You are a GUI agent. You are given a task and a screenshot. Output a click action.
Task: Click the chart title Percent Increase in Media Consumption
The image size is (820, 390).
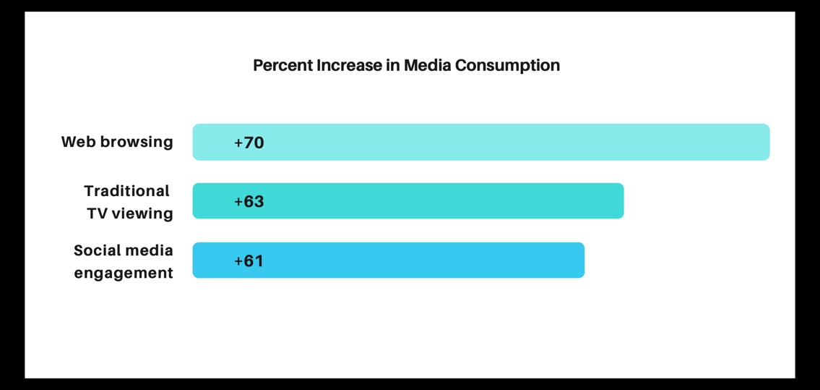pyautogui.click(x=406, y=66)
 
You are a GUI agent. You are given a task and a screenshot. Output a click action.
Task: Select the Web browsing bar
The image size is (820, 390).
pyautogui.click(x=480, y=142)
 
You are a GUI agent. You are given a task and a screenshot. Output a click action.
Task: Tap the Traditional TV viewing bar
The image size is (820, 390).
pyautogui.click(x=407, y=201)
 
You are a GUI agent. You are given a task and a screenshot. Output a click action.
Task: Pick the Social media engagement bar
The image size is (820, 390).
pyautogui.click(x=388, y=260)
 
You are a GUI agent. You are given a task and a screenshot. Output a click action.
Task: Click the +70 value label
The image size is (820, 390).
pyautogui.click(x=249, y=143)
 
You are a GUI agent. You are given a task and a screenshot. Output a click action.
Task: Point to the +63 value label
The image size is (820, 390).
pyautogui.click(x=249, y=202)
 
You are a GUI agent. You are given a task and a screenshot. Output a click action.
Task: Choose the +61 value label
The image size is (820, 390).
pyautogui.click(x=249, y=261)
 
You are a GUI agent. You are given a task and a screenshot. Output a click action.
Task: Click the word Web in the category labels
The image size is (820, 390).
pyautogui.click(x=78, y=142)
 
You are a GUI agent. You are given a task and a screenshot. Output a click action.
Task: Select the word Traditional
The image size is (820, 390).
pyautogui.click(x=126, y=191)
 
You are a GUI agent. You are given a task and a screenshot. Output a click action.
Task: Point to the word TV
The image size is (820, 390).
pyautogui.click(x=98, y=213)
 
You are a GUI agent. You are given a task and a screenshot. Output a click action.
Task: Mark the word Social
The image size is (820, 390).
pyautogui.click(x=97, y=250)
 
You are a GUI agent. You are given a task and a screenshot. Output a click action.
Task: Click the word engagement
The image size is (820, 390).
pyautogui.click(x=124, y=274)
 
